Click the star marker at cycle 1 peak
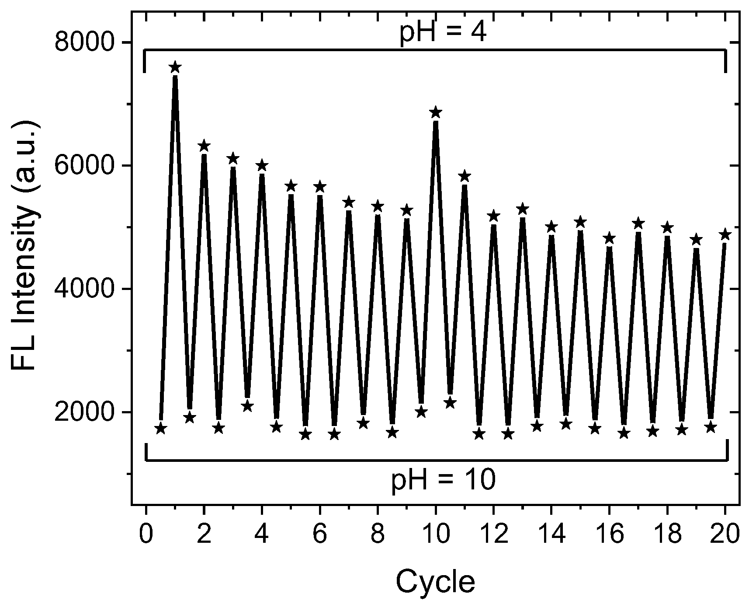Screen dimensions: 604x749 (x=175, y=67)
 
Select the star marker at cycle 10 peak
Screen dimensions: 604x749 (x=435, y=113)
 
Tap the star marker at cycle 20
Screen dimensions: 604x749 (x=725, y=235)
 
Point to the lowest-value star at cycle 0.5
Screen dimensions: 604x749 (x=160, y=429)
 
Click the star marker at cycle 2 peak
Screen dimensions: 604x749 (x=204, y=146)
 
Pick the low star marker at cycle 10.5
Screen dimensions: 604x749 (x=450, y=403)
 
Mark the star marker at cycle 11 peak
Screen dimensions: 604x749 (x=465, y=176)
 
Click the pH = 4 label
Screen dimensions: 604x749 (x=443, y=33)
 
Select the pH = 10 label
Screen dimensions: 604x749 (x=443, y=481)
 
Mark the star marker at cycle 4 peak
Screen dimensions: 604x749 (x=262, y=166)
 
